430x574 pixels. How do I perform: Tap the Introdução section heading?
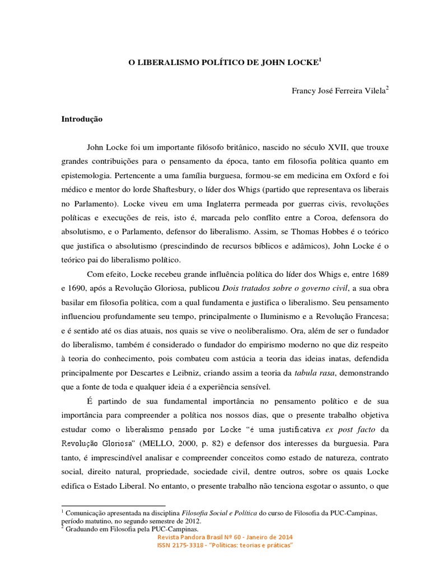[82, 119]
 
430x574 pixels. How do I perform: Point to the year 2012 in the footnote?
[188, 520]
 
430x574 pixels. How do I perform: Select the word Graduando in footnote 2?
[85, 528]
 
